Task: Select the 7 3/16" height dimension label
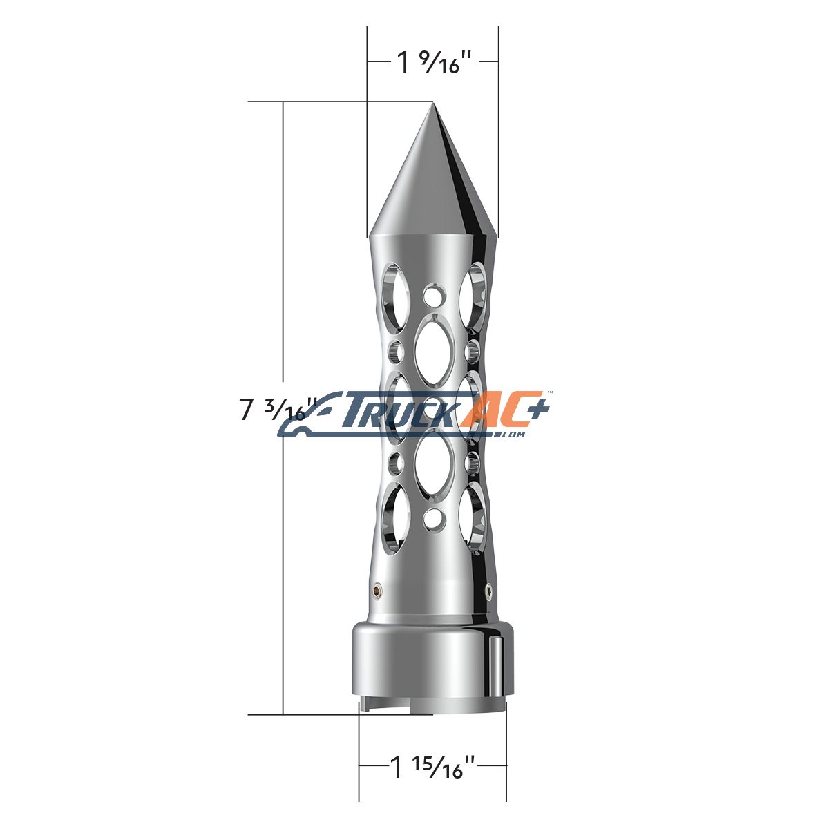276,409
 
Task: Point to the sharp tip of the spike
432,103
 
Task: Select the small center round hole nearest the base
432,518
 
